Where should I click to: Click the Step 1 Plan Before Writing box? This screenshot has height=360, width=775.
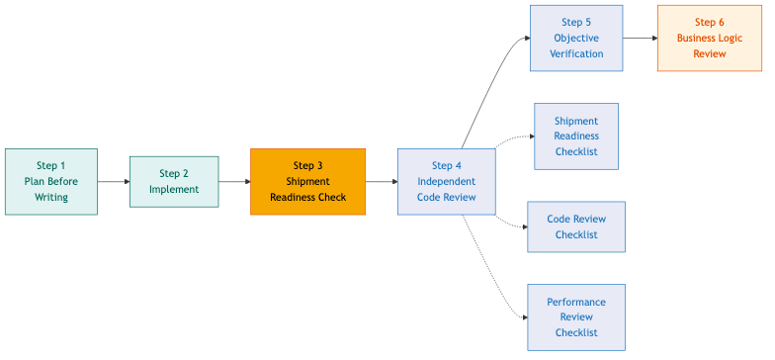51,182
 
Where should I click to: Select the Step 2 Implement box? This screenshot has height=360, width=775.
174,182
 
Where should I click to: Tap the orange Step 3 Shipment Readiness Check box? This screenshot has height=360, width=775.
307,182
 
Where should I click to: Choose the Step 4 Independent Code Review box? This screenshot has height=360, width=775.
446,182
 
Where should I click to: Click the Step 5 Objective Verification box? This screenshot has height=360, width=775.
576,39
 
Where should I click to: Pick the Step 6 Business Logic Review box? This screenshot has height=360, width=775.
709,39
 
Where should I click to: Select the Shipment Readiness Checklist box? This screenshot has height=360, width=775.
576,136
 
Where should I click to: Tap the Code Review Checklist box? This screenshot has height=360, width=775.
576,227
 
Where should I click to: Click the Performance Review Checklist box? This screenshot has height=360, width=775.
576,317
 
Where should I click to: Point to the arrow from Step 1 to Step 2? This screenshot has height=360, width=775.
114,182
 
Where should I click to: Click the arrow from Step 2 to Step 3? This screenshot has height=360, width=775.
234,182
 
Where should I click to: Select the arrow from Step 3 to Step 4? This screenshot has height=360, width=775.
382,182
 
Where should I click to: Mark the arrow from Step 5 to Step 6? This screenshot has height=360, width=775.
641,39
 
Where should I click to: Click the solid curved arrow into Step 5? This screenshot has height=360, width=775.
494,79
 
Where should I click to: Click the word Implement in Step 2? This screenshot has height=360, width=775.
174,190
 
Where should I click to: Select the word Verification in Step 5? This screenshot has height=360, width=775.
576,54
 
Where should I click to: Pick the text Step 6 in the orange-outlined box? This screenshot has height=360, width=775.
709,23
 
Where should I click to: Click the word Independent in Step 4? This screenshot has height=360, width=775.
446,182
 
